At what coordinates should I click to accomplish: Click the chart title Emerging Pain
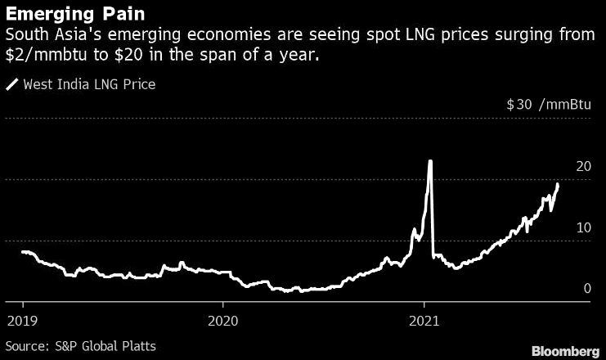pyautogui.click(x=65, y=14)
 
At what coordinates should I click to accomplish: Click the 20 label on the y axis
pyautogui.click(x=583, y=167)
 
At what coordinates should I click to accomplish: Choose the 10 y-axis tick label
pyautogui.click(x=583, y=227)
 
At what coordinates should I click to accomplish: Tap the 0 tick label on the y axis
pyautogui.click(x=587, y=288)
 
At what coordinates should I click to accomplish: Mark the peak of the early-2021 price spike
pyautogui.click(x=430, y=161)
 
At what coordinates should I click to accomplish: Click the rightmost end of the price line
pyautogui.click(x=558, y=184)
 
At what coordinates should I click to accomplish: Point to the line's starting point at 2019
pyautogui.click(x=22, y=252)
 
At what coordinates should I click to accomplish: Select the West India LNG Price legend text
pyautogui.click(x=89, y=83)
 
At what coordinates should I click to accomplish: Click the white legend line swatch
pyautogui.click(x=11, y=83)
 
